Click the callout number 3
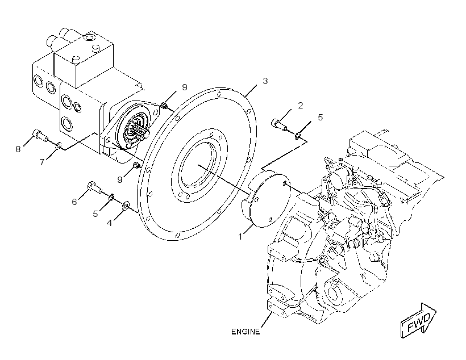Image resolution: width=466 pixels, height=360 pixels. [265, 81]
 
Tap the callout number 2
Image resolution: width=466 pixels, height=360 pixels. [301, 106]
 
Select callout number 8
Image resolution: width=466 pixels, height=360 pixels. [18, 149]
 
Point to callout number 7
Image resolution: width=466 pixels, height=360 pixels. [42, 162]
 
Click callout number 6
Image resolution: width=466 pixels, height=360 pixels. [74, 202]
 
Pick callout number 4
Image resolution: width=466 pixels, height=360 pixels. [109, 223]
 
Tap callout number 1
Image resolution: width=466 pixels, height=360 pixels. [240, 237]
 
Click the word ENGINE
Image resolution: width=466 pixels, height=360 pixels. [246, 332]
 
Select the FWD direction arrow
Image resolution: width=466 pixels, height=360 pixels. [418, 320]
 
